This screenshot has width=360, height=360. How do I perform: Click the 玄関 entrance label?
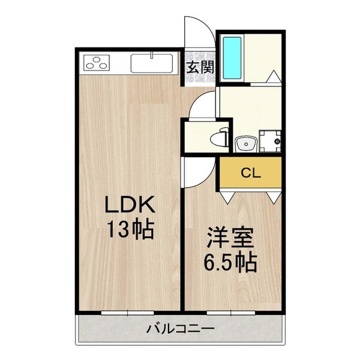(198, 66)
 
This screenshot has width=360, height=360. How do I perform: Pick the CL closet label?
(250, 173)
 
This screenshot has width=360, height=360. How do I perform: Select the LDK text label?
(130, 206)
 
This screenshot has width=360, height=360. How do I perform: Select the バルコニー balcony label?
(180, 328)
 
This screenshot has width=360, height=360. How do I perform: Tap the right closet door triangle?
(274, 196)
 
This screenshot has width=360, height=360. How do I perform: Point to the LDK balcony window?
(128, 312)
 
